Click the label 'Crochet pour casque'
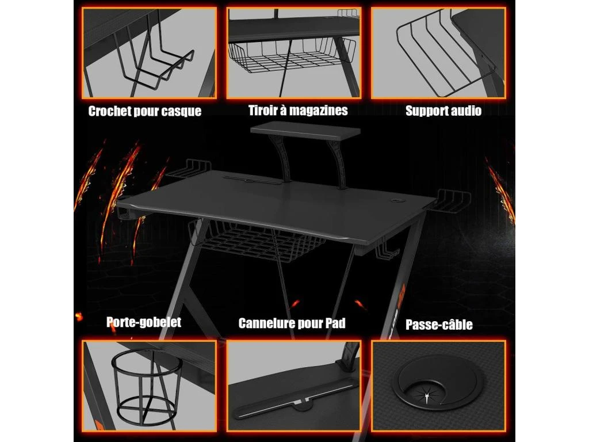pos(145,111)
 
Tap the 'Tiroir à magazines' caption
pos(298,110)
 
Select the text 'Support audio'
pos(443,110)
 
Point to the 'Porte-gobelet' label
pos(144,322)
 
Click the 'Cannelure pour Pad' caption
pos(292,323)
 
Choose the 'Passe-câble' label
pos(439,325)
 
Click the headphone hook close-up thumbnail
pos(150,53)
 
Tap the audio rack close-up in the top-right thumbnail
pos(438,53)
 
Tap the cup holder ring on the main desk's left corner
pos(124,210)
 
